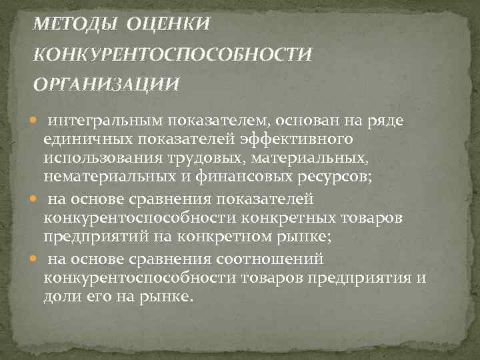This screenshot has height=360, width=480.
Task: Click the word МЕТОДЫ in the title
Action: [x=74, y=25]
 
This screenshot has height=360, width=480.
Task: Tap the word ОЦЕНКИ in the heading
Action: [x=167, y=25]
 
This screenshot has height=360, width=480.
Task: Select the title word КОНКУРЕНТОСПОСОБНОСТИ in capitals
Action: [x=173, y=54]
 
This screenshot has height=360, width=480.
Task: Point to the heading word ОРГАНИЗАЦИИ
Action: [x=106, y=84]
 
